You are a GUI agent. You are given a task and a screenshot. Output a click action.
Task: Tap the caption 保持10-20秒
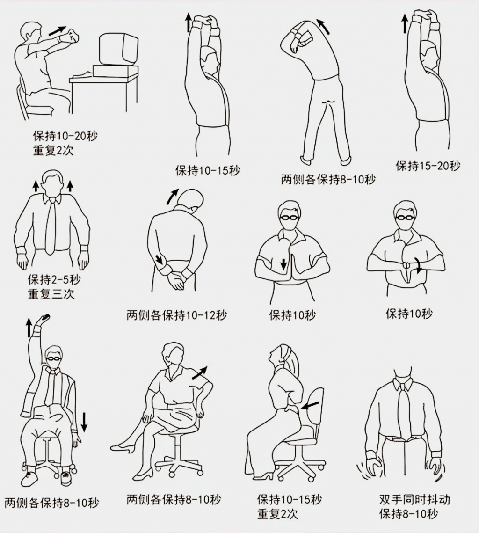(65, 136)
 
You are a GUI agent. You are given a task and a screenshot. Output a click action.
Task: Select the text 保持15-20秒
(428, 165)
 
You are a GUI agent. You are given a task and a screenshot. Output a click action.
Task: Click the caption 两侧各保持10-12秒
(176, 315)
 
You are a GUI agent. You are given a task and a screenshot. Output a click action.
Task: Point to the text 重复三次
(51, 294)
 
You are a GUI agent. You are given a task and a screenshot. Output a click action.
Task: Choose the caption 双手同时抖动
(414, 499)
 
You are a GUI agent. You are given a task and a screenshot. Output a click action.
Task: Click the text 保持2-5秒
(53, 280)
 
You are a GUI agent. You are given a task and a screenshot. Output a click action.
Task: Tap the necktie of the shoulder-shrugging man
(51, 225)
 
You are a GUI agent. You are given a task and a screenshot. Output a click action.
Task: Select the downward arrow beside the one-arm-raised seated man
(84, 422)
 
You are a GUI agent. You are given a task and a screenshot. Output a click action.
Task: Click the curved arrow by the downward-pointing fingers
(419, 267)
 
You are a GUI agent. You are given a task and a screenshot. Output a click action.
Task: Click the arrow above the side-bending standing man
(322, 26)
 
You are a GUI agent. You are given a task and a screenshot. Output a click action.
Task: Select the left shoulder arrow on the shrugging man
(36, 186)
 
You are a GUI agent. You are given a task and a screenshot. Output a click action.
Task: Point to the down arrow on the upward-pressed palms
(283, 264)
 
